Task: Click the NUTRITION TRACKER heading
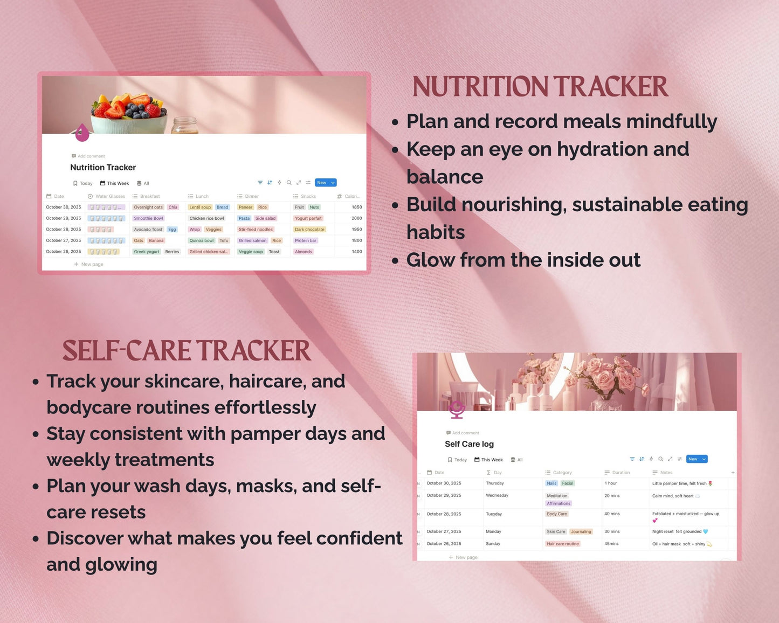[540, 87]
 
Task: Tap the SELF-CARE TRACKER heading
[187, 351]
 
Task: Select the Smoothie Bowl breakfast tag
[148, 218]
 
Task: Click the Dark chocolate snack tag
[309, 230]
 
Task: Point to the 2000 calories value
[356, 218]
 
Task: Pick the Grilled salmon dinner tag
[252, 240]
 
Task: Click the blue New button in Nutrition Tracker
[322, 183]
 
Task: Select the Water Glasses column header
[109, 196]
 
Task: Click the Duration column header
[621, 473]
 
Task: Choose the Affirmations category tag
[559, 503]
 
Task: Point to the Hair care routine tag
[562, 544]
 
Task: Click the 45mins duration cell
[611, 544]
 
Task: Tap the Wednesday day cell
[497, 495]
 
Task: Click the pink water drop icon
[82, 132]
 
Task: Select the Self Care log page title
[469, 444]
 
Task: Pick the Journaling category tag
[581, 531]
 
